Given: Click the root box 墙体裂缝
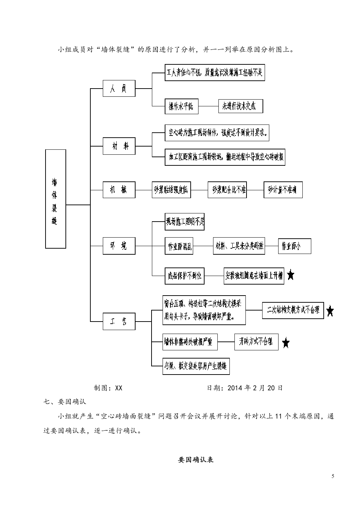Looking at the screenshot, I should coord(55,199).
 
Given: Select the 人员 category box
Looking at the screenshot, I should coord(119,89).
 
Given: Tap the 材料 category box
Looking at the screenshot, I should coord(119,146).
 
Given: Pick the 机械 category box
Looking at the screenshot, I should coord(119,190).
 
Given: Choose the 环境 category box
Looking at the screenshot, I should coord(119,246).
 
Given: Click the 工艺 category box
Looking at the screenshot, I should coord(119,322).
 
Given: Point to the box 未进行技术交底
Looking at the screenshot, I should coord(240,106).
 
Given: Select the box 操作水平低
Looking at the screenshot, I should coord(181,106).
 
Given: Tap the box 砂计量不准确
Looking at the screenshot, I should coord(283,190).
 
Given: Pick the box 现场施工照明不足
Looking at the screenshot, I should coord(184,222).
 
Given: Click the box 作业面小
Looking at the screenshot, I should coord(294,246).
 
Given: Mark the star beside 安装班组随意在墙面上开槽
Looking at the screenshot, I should coord(291,275).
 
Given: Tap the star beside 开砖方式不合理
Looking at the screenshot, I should coord(286,343).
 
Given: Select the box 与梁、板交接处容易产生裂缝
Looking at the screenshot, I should coord(196,366).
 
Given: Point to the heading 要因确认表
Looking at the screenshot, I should coord(195,460).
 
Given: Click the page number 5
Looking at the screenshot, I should coord(333,477).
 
